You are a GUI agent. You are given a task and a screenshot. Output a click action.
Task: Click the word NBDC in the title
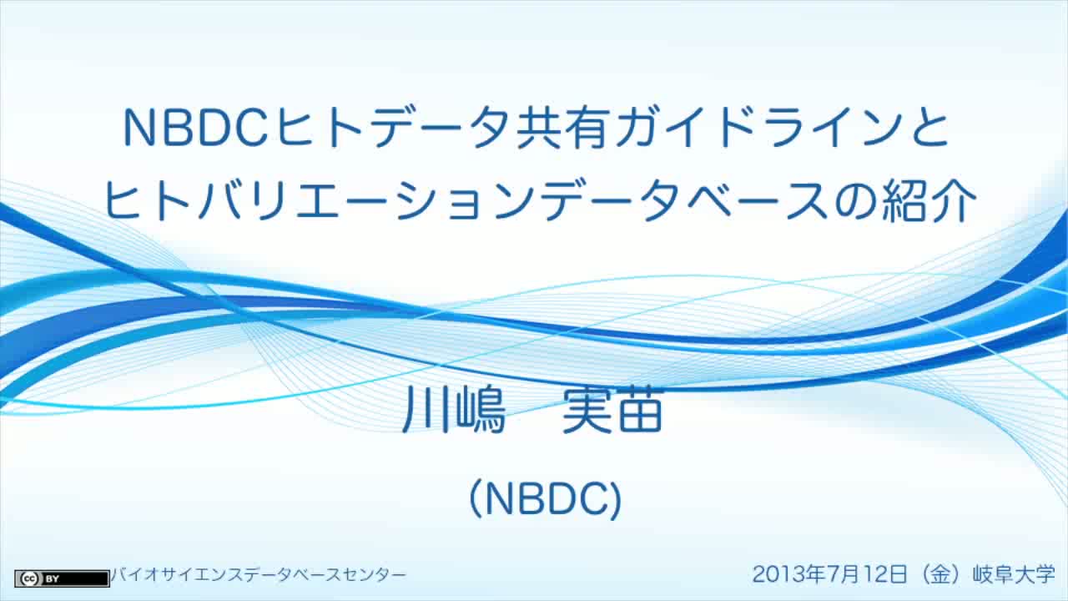point(195,128)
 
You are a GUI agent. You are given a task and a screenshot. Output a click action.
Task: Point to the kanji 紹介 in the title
point(929,201)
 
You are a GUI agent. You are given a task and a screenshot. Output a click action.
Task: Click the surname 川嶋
point(454,410)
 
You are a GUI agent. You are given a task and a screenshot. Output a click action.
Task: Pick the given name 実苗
point(612,410)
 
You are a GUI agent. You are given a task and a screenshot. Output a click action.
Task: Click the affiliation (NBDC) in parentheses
point(546,499)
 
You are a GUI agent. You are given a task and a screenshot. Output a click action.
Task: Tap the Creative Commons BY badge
point(62,578)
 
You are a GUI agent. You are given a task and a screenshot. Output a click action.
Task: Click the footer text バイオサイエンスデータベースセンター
point(259,575)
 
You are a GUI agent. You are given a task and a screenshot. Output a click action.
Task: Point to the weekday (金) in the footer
point(940,573)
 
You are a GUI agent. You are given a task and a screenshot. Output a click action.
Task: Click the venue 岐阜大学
point(1014,573)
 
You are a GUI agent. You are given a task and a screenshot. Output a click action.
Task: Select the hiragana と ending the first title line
point(927,128)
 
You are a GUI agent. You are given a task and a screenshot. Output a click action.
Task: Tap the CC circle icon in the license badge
point(29,579)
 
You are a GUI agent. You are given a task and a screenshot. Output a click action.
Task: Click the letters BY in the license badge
point(52,579)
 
